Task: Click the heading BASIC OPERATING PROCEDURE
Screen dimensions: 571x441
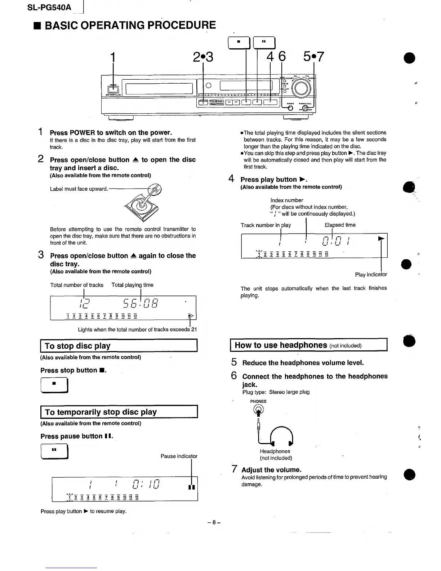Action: tap(130, 25)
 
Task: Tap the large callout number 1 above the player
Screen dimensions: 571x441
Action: tap(113, 57)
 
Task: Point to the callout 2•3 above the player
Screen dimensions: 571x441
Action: tap(203, 57)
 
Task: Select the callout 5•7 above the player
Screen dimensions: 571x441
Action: tap(313, 57)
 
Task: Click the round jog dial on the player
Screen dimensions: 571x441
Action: tap(301, 88)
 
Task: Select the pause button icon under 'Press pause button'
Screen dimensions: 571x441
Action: tap(54, 451)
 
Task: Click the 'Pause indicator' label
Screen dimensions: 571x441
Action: tap(179, 456)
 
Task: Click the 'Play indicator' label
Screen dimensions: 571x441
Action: tap(371, 274)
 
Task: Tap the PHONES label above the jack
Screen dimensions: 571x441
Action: tap(258, 401)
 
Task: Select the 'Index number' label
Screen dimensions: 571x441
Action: tap(287, 200)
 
